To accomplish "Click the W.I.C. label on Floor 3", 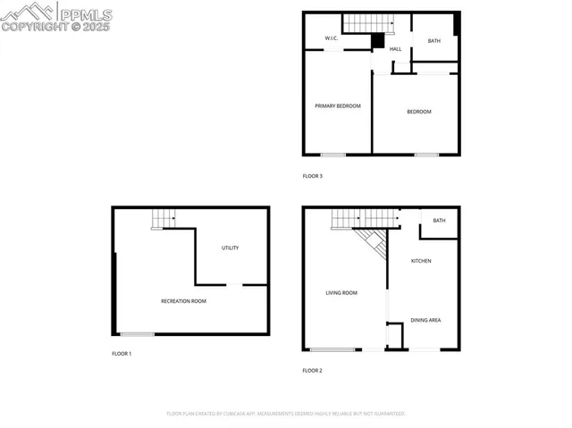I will tap(330, 38).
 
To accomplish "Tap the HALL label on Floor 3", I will tap(395, 48).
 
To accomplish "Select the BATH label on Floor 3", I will tap(433, 41).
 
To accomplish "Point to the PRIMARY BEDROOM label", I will tap(338, 106).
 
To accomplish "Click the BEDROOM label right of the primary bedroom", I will tap(419, 112).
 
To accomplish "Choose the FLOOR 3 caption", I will tap(312, 176).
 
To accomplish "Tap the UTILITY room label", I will tap(230, 248).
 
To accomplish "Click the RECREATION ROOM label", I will tap(183, 301).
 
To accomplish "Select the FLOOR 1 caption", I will tap(122, 354).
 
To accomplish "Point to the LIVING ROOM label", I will tap(341, 293).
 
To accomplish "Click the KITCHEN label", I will tap(421, 261).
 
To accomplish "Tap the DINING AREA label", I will tap(425, 320).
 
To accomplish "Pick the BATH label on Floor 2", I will tap(439, 221).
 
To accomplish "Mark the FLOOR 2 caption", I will tap(312, 370).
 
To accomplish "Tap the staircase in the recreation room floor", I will tap(163, 218).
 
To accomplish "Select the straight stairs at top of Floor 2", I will tap(350, 217).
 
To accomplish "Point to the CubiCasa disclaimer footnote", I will tap(286, 414).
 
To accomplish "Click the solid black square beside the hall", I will tap(378, 41).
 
